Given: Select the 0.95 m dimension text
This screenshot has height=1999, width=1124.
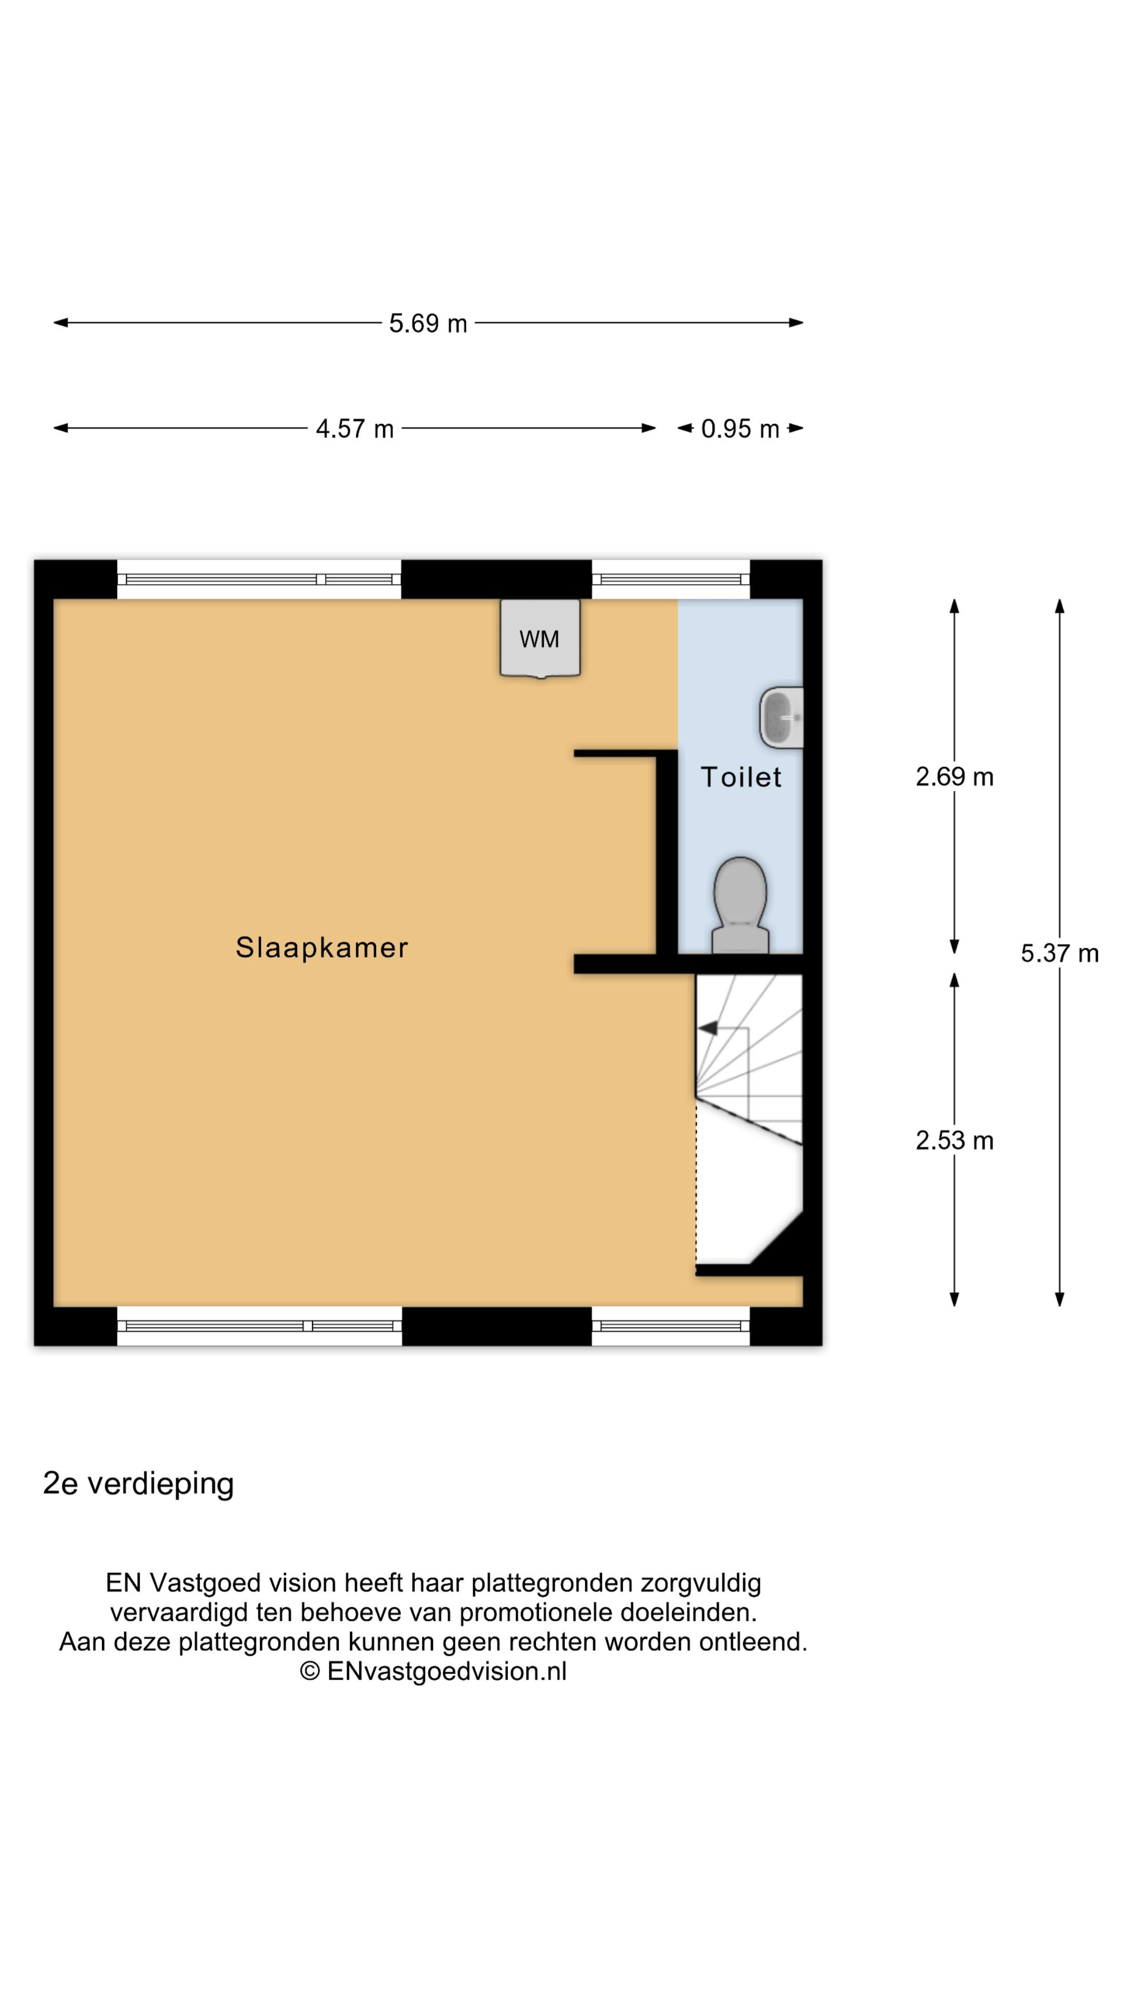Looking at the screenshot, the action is coord(739,428).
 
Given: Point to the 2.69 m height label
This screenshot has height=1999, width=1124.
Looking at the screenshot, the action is coord(954,776).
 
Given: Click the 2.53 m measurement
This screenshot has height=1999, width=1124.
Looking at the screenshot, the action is coord(954,1140).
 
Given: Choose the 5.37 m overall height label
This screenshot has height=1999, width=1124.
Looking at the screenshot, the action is coord(1059,953).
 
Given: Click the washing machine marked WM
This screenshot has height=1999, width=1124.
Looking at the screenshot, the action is coord(540,639).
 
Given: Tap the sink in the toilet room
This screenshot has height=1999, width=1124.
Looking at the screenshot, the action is coord(781,718).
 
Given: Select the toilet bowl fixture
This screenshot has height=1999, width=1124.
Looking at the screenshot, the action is coord(740,905).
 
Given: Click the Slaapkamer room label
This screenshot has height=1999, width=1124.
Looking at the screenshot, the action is coord(322,947).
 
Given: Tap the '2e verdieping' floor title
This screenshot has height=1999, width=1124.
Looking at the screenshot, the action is coord(138,1483).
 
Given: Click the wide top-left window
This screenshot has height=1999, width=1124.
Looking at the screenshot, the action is coord(259,579).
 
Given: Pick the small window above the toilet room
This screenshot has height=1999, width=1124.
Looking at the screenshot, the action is coord(671,579).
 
